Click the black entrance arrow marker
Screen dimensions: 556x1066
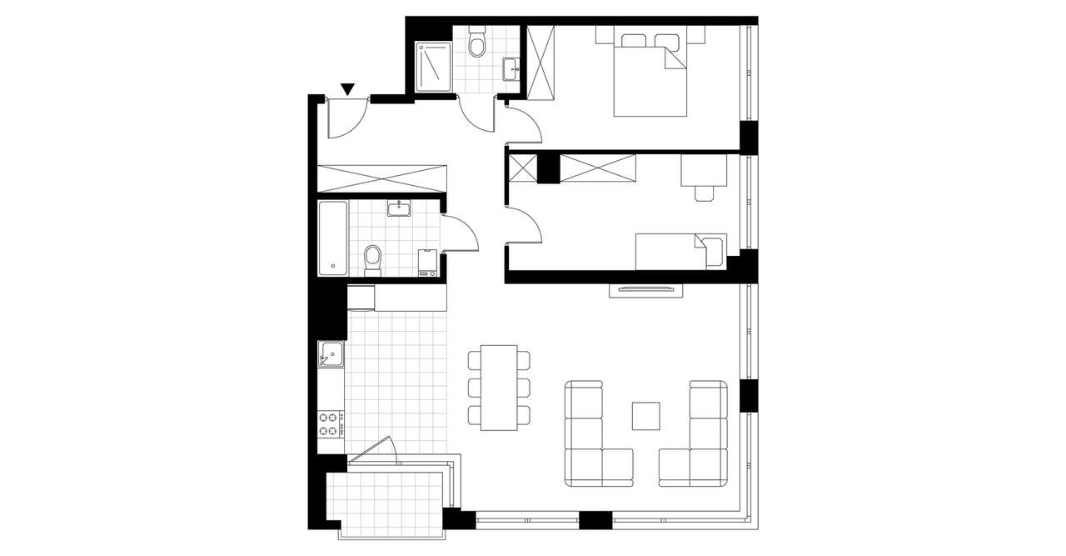point(348,88)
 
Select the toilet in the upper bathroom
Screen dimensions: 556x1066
point(477,43)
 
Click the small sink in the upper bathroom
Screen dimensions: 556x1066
point(511,68)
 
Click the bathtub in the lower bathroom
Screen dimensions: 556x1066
point(332,238)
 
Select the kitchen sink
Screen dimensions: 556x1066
point(331,356)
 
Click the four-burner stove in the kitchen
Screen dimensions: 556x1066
point(331,423)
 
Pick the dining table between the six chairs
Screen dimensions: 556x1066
point(499,388)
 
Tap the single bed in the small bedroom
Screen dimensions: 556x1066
point(680,252)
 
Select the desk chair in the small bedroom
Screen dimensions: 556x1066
point(705,193)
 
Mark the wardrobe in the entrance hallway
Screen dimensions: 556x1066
point(381,178)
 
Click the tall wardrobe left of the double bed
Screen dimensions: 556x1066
point(540,63)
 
